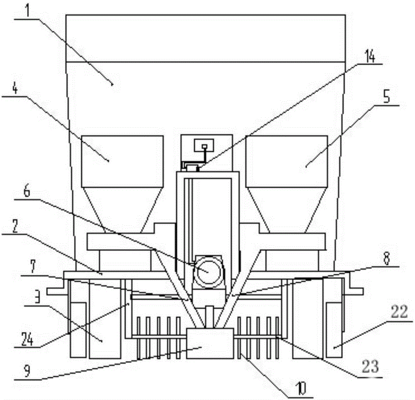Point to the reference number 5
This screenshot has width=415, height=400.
coord(387,97)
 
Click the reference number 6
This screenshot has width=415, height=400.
coord(27,192)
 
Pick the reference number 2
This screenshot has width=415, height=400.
coord(15,226)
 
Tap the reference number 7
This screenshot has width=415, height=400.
coord(32,267)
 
